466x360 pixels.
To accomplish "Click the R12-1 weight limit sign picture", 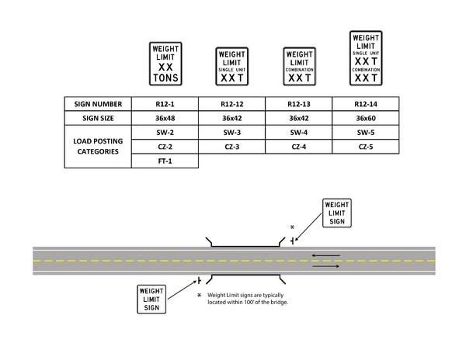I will point(165,63).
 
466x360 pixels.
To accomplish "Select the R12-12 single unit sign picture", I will point(231,67).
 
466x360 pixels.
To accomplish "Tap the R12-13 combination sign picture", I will point(299,67).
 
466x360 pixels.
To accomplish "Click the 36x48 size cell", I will point(165,119).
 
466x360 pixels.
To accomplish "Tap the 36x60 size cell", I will point(366,119).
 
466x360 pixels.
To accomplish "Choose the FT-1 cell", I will point(165,161).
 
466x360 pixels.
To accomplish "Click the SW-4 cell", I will point(299,133).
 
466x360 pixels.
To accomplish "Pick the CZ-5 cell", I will point(366,147).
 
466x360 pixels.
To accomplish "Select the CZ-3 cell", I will point(231,147).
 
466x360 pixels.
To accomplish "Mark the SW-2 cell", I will point(165,133).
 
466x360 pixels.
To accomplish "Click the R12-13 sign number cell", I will point(299,104).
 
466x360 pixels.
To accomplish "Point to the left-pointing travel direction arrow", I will point(325,254).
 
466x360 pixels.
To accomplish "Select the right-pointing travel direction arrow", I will point(325,266).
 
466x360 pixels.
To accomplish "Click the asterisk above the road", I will point(292,227).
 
